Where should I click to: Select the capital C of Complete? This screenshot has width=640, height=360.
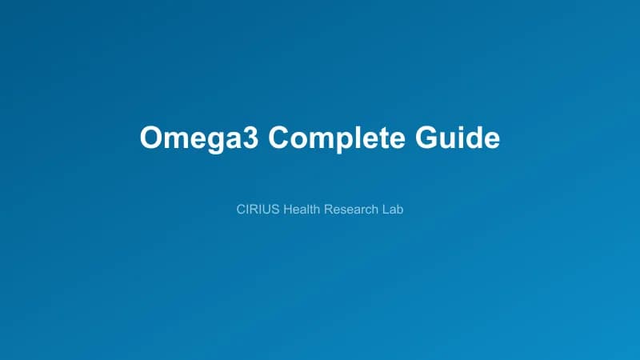tap(278, 137)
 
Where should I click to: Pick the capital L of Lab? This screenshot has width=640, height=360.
tap(386, 210)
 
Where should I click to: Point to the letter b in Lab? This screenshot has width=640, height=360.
tap(400, 210)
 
